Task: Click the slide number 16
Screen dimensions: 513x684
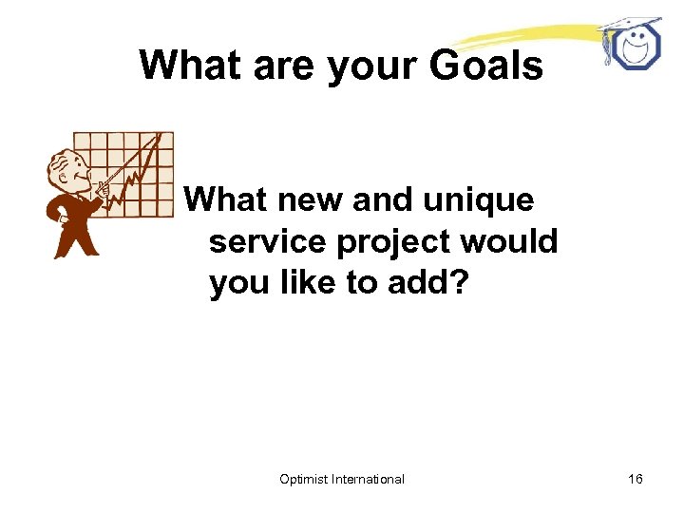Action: click(x=635, y=479)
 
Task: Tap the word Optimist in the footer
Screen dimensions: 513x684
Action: click(x=303, y=479)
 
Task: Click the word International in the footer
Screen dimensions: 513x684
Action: click(x=368, y=479)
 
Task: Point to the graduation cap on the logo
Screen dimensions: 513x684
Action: click(x=629, y=23)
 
